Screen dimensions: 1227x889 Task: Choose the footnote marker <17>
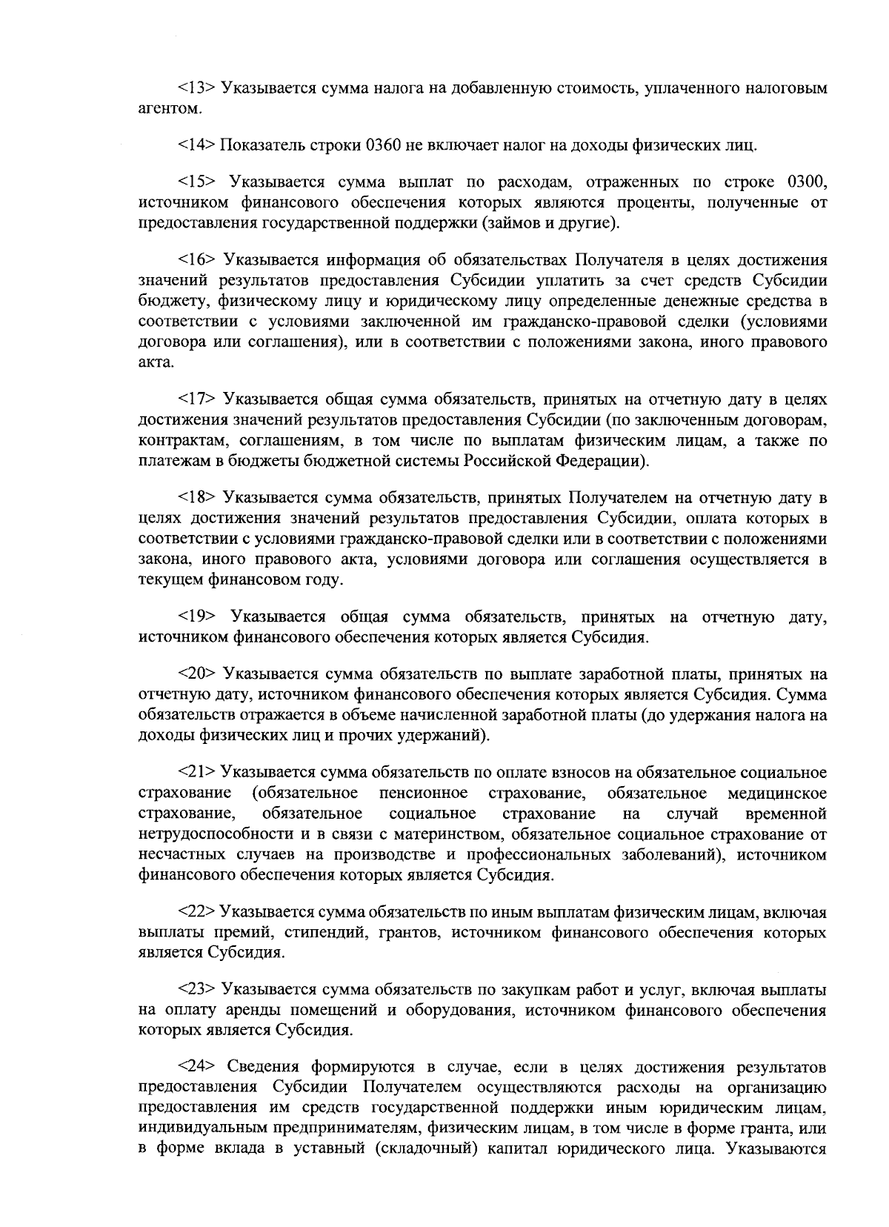[x=196, y=401]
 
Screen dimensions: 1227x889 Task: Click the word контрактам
[x=175, y=441]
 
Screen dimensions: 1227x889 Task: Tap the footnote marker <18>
[x=196, y=497]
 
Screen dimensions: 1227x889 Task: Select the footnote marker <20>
[x=196, y=674]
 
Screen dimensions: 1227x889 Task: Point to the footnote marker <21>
[x=196, y=774]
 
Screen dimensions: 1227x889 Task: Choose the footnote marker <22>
[x=196, y=912]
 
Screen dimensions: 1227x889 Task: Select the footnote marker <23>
[x=196, y=990]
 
